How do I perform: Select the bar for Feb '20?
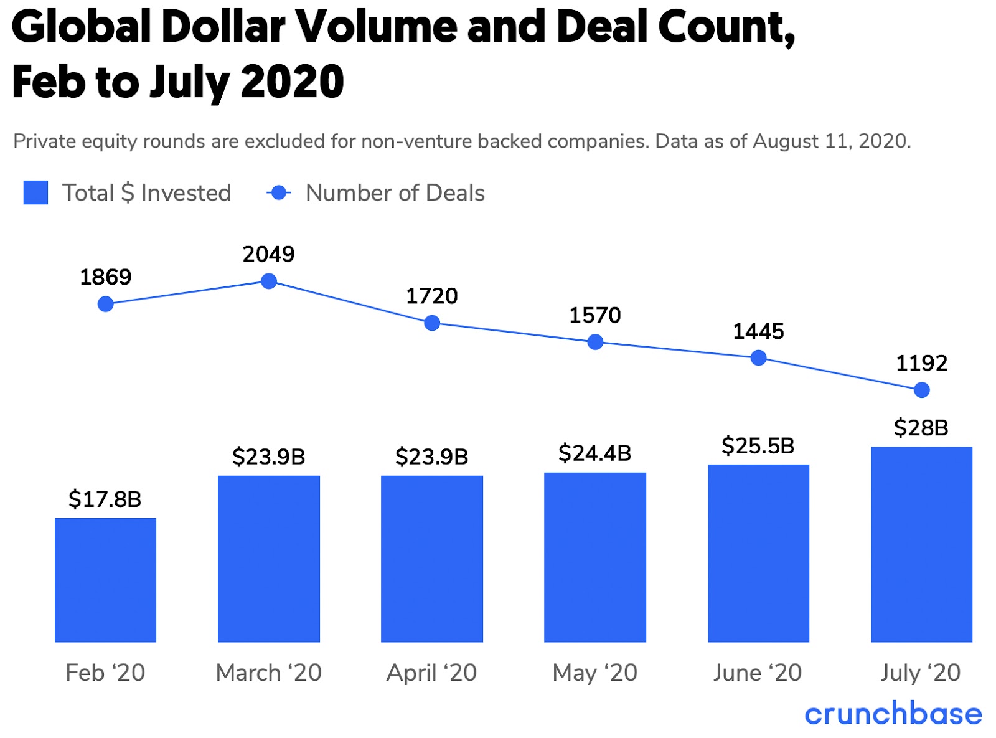click(x=105, y=580)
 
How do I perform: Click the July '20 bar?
click(x=921, y=544)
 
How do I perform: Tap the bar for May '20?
click(x=595, y=557)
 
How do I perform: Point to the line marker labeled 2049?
click(x=269, y=281)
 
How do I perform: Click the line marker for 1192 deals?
click(x=922, y=390)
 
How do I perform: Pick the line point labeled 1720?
click(x=432, y=323)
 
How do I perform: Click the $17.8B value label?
click(x=105, y=499)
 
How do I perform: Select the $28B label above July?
click(x=921, y=428)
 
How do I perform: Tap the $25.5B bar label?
click(x=758, y=446)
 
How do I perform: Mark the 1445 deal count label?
click(x=758, y=331)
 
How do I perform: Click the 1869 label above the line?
click(x=106, y=277)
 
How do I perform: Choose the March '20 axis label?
click(x=269, y=673)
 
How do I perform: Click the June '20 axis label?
click(x=758, y=673)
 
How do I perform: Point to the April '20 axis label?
click(x=431, y=673)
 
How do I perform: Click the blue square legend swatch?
click(x=35, y=192)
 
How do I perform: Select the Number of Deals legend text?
click(x=395, y=193)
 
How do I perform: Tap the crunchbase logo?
click(x=893, y=714)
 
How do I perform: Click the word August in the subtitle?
click(x=786, y=141)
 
